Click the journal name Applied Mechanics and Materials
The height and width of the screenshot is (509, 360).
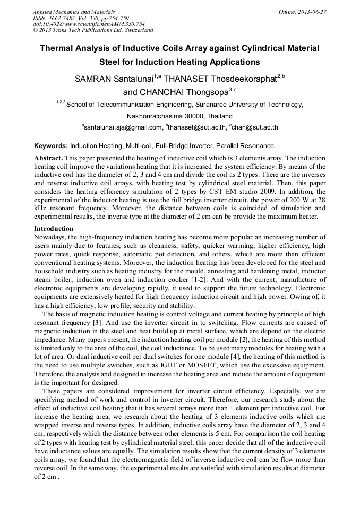[x=74, y=11]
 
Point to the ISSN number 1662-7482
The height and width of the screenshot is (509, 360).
[x=64, y=18]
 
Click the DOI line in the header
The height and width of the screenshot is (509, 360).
[x=89, y=24]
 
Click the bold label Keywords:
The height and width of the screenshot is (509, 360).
[x=51, y=145]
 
